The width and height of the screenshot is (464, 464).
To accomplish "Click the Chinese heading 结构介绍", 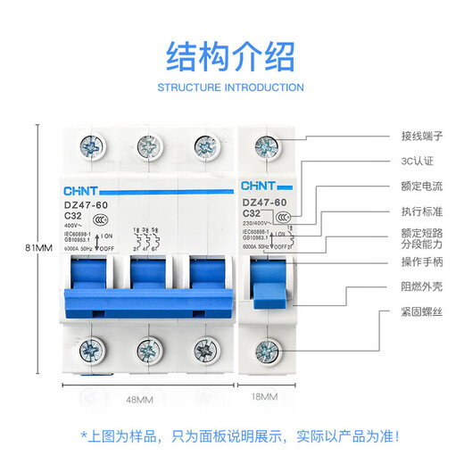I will coord(230,56).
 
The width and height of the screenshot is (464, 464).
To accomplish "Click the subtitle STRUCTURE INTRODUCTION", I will coord(230,87).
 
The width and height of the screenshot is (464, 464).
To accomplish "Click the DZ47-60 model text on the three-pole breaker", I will coord(88,204).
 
